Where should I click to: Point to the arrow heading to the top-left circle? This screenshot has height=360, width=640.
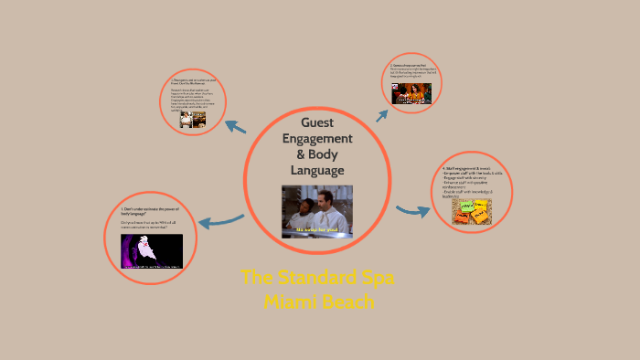tap(236, 127)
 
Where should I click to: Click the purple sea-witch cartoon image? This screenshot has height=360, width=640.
tap(152, 251)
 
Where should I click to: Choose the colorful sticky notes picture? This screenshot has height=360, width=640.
tap(471, 211)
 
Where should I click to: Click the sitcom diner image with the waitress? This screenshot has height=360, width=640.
tap(411, 93)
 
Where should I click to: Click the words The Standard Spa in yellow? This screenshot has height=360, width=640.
tap(318, 278)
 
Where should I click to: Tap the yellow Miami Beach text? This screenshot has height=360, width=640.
tap(318, 301)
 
